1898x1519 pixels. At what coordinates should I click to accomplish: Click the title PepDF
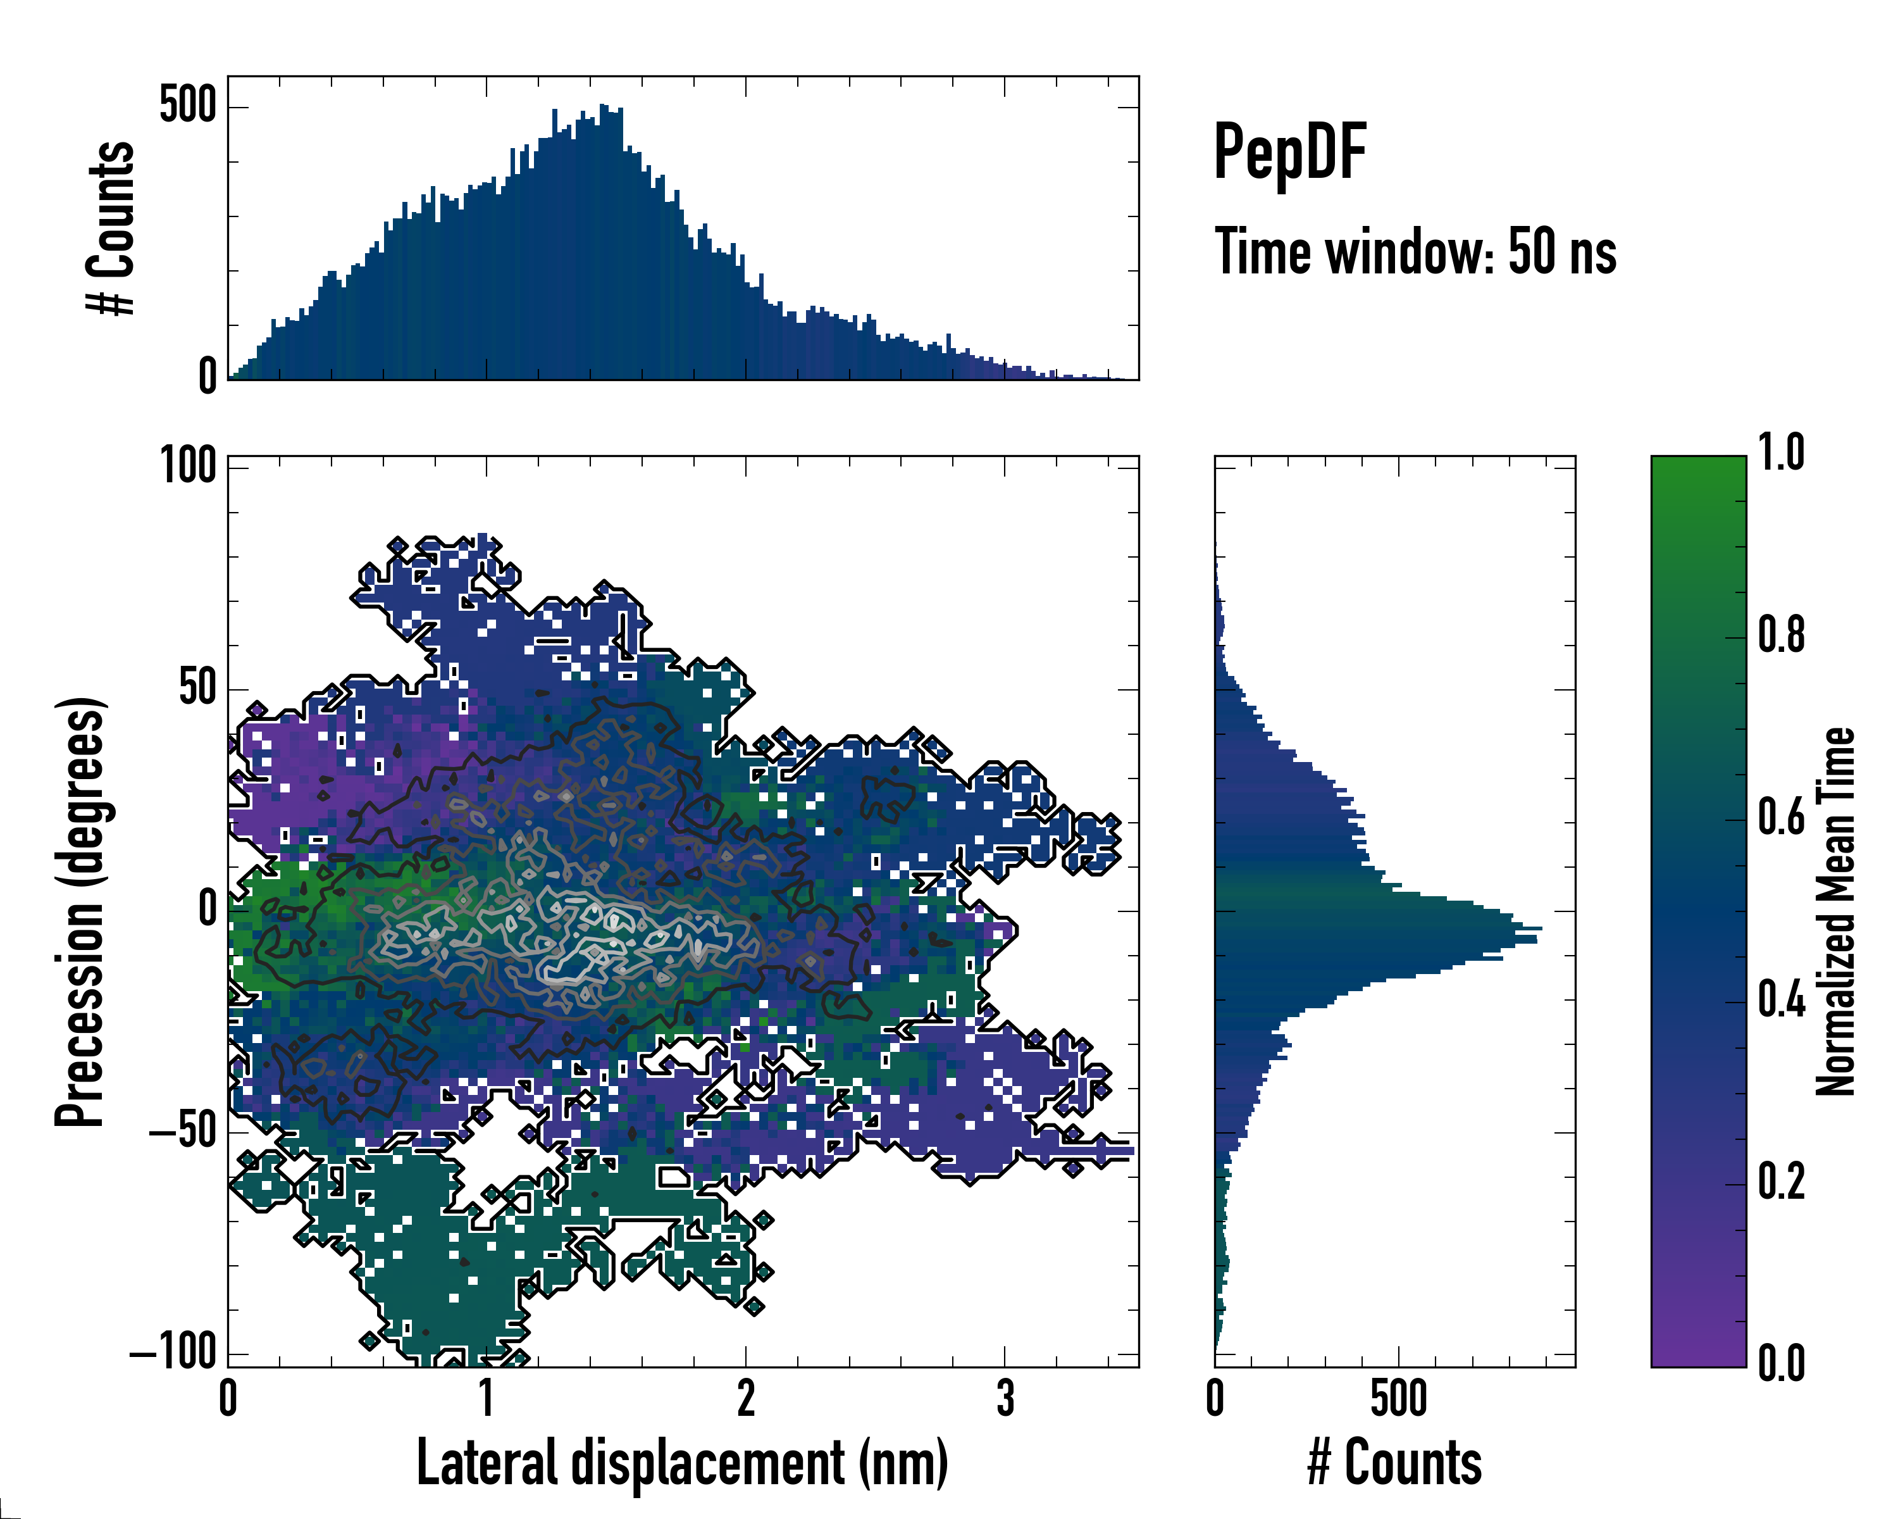[x=1289, y=153]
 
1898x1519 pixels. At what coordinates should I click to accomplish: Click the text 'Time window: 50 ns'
[x=1415, y=252]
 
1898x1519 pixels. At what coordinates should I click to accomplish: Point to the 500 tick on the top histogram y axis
[x=187, y=106]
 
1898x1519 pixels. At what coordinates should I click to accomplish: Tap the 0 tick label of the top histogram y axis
[x=207, y=377]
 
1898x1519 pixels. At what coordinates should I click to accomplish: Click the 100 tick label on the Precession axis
[x=187, y=465]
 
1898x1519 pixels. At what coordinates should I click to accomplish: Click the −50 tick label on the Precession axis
[x=182, y=1130]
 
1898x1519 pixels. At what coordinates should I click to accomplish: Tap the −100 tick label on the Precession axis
[x=173, y=1350]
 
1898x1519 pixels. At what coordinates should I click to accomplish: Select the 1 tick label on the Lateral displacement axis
[x=486, y=1397]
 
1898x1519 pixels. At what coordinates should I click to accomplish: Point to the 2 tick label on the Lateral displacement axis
[x=746, y=1397]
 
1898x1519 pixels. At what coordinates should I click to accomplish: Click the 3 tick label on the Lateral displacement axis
[x=1005, y=1397]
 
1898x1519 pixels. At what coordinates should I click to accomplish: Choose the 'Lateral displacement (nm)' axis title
[x=682, y=1463]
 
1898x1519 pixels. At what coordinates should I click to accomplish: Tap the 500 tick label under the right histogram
[x=1398, y=1397]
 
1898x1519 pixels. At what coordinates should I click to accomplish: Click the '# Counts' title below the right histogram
[x=1394, y=1463]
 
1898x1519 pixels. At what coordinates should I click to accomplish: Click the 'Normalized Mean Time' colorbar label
[x=1837, y=911]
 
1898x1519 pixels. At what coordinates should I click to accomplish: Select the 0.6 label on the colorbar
[x=1781, y=818]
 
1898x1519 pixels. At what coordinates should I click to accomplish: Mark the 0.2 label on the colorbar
[x=1781, y=1183]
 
